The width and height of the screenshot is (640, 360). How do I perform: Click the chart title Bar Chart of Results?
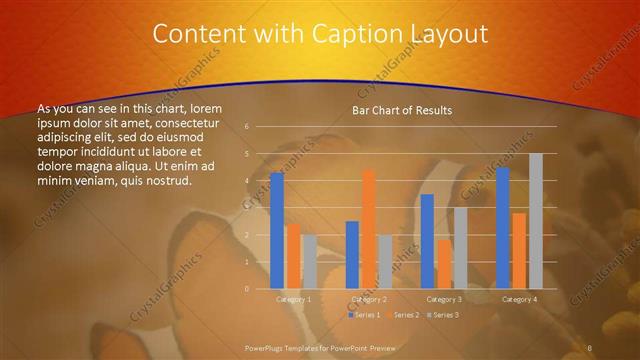(x=402, y=110)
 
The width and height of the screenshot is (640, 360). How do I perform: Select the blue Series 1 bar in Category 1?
(x=277, y=231)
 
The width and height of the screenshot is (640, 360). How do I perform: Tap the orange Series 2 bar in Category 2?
(x=369, y=229)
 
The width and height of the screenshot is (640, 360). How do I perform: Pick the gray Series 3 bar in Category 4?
(x=536, y=221)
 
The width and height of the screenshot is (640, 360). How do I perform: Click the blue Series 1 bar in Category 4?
(x=503, y=228)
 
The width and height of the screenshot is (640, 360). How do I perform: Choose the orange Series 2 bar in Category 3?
(x=444, y=264)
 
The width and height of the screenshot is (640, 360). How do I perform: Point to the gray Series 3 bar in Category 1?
(x=309, y=262)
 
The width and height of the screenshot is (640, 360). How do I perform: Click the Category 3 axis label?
(x=444, y=299)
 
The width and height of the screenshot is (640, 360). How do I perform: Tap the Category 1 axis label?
(x=293, y=299)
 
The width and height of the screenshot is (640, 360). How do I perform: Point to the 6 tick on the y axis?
(x=246, y=127)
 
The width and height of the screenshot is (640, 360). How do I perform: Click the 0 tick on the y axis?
(x=246, y=289)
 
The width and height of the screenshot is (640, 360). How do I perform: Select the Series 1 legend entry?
(x=364, y=315)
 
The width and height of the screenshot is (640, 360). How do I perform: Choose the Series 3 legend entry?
(x=443, y=315)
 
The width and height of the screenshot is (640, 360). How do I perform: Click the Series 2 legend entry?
(x=404, y=315)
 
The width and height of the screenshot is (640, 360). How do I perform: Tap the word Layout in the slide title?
(x=447, y=35)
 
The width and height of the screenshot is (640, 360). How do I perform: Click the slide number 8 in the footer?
(x=591, y=347)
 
